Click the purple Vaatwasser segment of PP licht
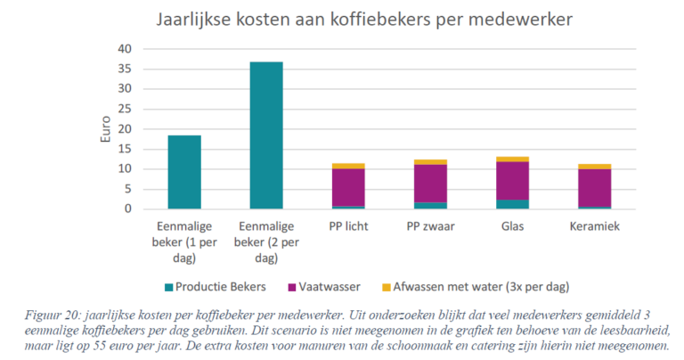coord(348,187)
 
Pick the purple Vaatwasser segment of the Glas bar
coord(513,181)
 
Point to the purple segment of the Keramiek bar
coord(595,187)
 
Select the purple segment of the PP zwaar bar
coord(430,184)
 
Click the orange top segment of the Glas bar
coord(513,160)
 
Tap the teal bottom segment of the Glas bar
coord(513,204)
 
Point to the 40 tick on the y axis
coord(126,48)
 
